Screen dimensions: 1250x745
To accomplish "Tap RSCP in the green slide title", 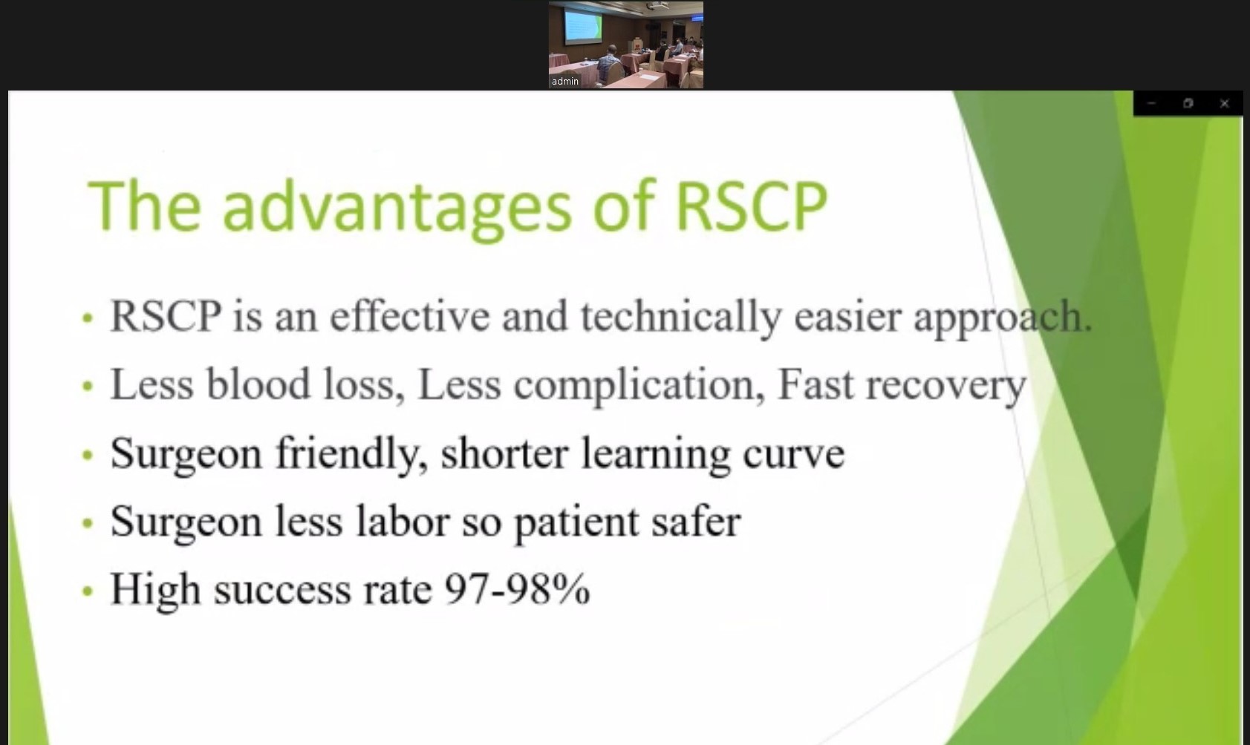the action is [751, 206].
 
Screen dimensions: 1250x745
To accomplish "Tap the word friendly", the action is [352, 454].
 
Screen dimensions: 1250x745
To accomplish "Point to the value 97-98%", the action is [517, 589].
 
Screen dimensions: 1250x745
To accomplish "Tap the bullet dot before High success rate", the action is [87, 591].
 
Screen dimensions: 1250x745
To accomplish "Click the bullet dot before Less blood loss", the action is [87, 386].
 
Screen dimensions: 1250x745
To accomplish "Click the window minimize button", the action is [1152, 103].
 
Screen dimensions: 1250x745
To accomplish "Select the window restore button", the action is [1188, 103].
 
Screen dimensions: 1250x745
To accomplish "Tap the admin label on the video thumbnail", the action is [565, 82].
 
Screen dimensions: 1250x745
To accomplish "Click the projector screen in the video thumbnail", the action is [583, 26].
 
